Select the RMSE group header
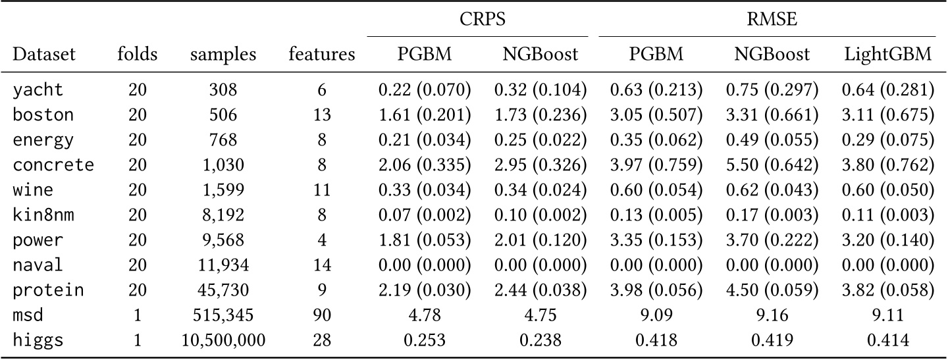pos(767,20)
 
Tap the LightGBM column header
pos(887,55)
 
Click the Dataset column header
pos(44,55)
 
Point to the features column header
pos(321,55)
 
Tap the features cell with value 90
pos(321,317)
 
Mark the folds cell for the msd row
pos(138,317)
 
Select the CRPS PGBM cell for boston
pos(425,115)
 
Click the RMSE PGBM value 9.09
pos(654,317)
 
